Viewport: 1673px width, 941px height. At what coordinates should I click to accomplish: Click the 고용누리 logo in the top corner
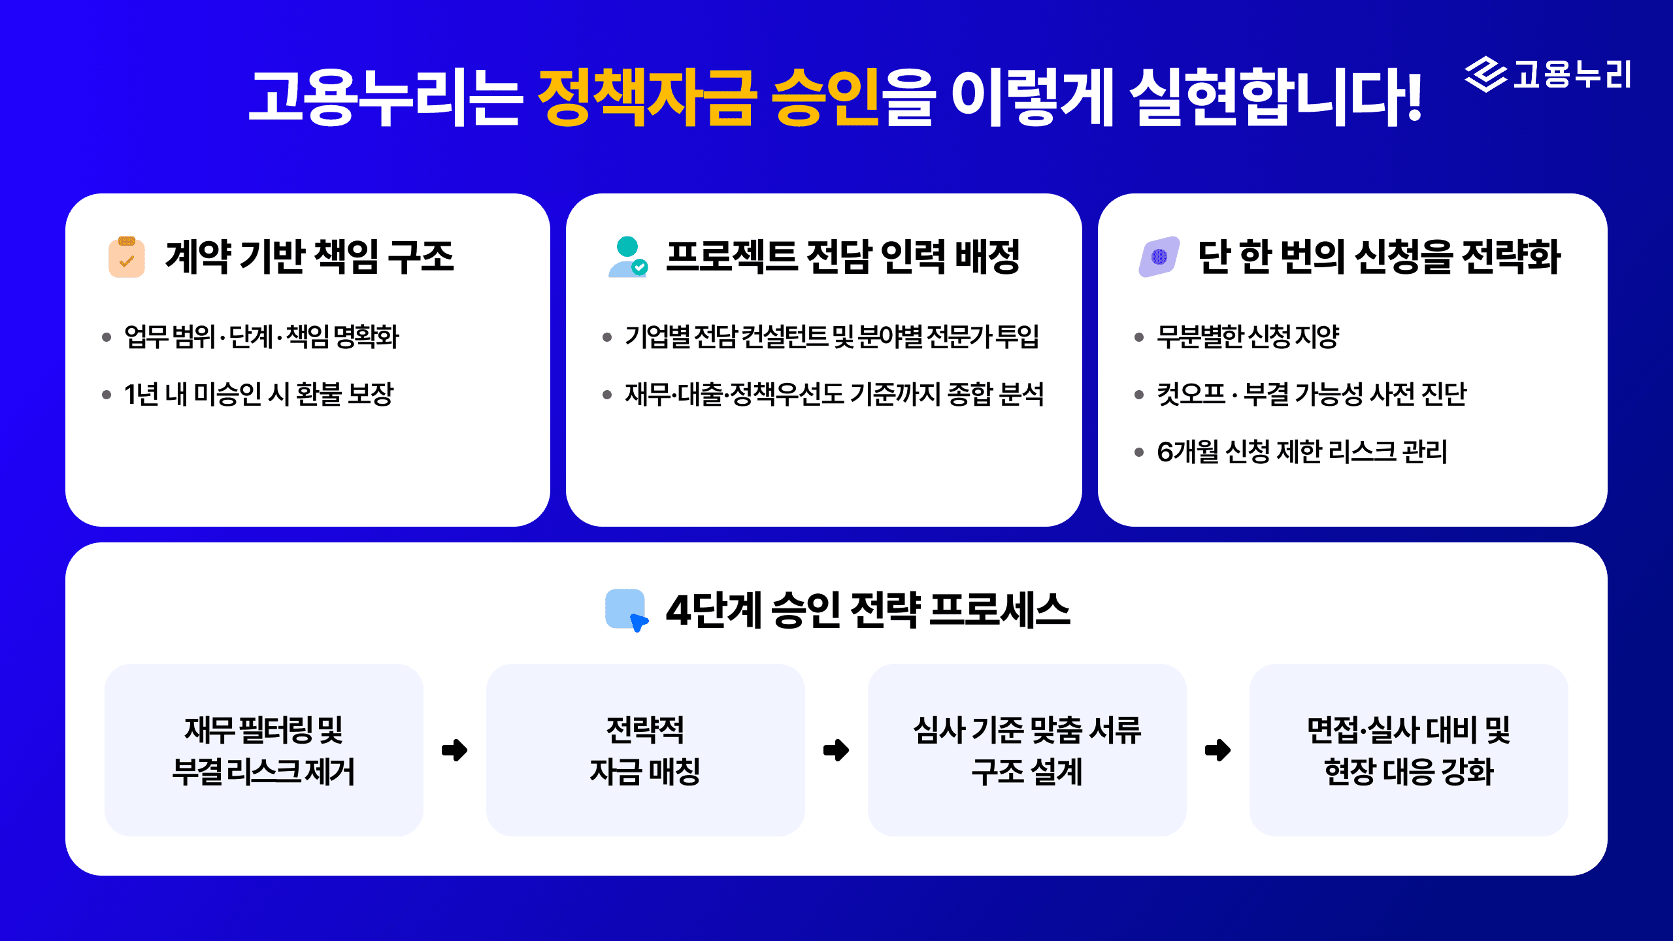pos(1548,74)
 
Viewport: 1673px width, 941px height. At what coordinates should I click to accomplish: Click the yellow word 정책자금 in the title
pos(647,98)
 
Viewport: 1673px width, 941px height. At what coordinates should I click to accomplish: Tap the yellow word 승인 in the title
pos(825,98)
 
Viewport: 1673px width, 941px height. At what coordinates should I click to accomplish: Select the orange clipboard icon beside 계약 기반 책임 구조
pos(127,257)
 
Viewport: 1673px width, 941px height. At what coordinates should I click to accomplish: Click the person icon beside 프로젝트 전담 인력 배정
pos(627,257)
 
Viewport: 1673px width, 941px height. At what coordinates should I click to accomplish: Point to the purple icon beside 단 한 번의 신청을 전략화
pos(1159,257)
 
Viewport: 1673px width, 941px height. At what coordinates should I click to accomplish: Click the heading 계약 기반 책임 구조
pos(309,256)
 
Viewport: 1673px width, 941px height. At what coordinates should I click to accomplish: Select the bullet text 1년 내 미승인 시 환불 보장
pos(259,394)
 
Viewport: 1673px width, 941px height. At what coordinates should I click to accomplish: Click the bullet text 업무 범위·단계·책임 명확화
pos(261,337)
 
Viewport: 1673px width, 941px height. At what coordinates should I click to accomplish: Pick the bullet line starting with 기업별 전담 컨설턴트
pos(831,337)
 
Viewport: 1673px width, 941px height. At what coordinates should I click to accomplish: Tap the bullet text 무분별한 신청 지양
pos(1248,337)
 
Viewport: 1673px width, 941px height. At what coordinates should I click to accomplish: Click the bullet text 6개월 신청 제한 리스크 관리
pos(1302,452)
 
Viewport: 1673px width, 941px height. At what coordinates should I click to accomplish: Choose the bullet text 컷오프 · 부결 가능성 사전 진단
pos(1311,394)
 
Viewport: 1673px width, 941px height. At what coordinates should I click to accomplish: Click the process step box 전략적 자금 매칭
pos(645,750)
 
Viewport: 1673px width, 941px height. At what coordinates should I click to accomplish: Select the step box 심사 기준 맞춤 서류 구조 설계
pos(1027,750)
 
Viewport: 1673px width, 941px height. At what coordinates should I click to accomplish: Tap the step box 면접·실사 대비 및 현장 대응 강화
pos(1408,750)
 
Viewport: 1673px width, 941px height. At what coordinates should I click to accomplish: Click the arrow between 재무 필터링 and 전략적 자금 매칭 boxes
pos(455,750)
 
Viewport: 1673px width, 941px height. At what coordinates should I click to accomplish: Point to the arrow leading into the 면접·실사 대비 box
pos(1217,750)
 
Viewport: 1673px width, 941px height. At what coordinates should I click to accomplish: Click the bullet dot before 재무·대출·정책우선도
pos(607,395)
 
